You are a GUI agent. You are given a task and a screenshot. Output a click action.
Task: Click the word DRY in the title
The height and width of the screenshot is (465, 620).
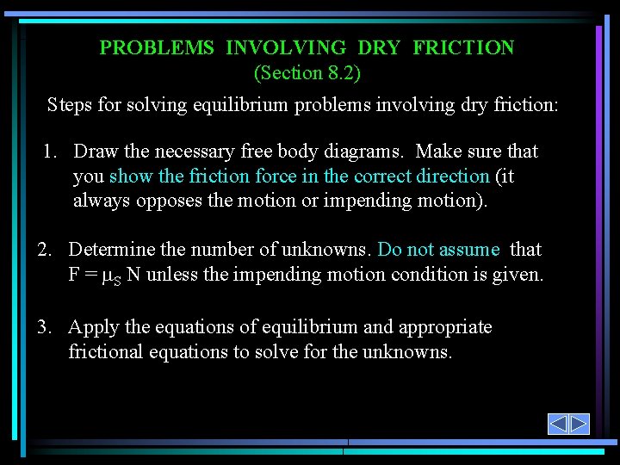pos(379,48)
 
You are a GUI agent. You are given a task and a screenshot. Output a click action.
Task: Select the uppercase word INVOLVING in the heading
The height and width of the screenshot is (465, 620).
pos(286,48)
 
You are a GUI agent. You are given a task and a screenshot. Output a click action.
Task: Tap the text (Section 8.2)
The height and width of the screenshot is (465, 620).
pos(307,73)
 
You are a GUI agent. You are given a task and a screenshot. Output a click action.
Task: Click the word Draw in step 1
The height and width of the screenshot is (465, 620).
pos(96,152)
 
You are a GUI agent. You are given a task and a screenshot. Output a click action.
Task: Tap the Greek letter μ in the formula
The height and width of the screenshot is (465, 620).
pos(107,276)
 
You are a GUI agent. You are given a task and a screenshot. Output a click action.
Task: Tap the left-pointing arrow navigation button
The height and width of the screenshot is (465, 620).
pos(558,424)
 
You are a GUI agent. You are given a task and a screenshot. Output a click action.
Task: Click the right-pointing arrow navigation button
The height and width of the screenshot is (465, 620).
pos(579,424)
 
